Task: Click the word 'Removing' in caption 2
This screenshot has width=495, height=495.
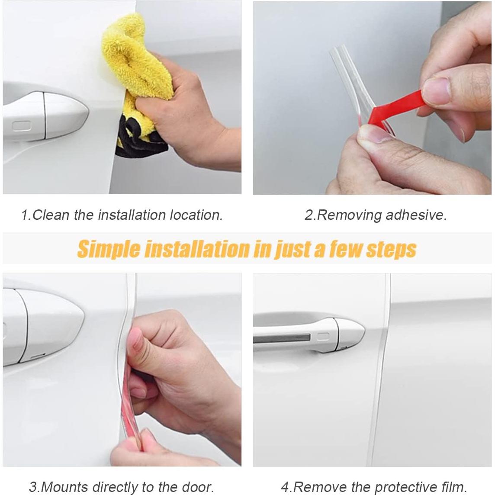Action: (x=349, y=215)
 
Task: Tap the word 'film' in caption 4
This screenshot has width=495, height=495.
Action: (x=453, y=486)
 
